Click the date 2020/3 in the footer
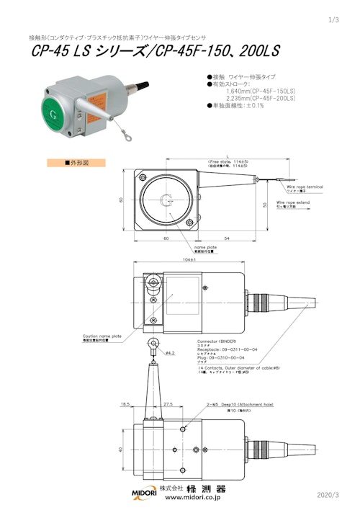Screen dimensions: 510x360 point(332,495)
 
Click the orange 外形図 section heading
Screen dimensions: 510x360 point(76,163)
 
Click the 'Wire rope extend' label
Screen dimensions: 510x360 point(302,202)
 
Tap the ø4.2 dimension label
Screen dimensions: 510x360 point(171,353)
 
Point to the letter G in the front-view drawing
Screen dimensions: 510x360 point(167,199)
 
